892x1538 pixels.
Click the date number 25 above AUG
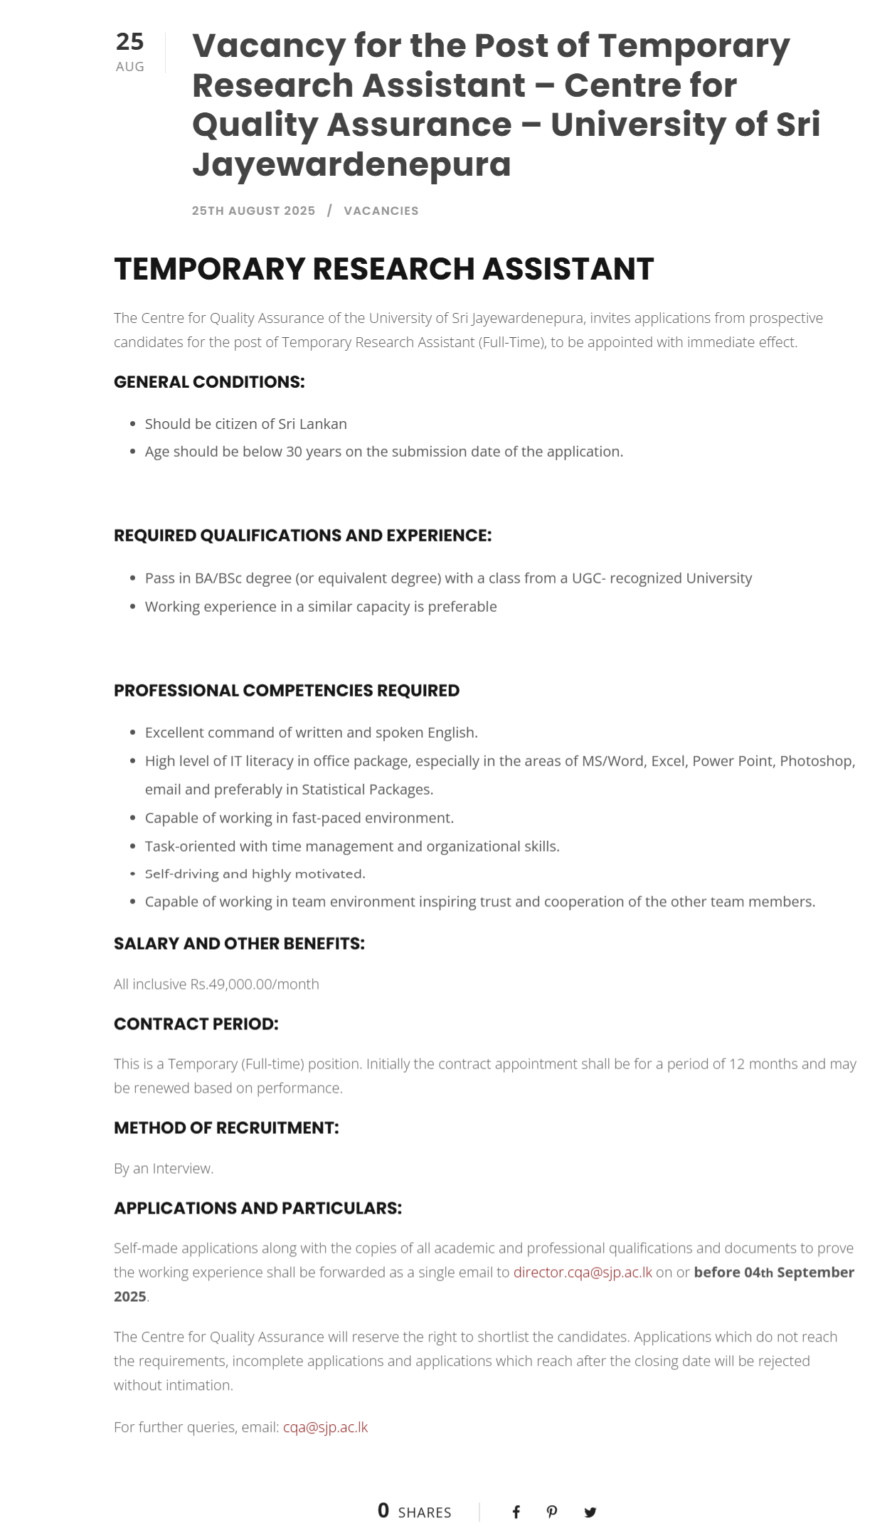tap(129, 42)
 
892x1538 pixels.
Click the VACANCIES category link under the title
tap(381, 211)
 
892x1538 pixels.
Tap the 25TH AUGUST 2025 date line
tap(253, 211)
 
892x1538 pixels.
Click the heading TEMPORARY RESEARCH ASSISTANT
tap(383, 269)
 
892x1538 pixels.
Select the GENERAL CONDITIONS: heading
tap(209, 382)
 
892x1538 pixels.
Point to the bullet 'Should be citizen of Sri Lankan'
tap(245, 424)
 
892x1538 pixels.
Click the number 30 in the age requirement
tap(294, 452)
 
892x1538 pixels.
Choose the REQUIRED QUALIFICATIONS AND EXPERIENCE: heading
tap(302, 536)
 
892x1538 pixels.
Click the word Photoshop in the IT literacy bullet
tap(817, 761)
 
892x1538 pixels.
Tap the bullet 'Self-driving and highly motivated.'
tap(255, 874)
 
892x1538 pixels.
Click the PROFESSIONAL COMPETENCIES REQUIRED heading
tap(287, 691)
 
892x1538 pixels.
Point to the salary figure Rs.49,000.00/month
tap(255, 985)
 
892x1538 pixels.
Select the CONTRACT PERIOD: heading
tap(196, 1024)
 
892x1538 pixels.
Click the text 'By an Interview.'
tap(164, 1169)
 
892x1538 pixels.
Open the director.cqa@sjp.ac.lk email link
tap(583, 1273)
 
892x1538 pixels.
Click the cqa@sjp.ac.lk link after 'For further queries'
tap(325, 1428)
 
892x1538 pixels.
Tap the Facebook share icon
tap(516, 1512)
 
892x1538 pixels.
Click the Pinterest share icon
tap(552, 1512)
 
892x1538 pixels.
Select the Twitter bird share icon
tap(590, 1512)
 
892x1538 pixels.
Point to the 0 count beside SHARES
tap(383, 1511)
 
